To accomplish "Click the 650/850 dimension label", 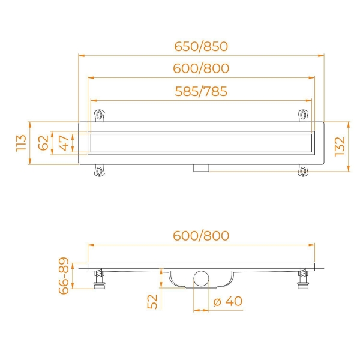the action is click(201, 46).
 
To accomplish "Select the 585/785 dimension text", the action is click(201, 91).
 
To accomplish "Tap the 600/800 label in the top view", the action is click(201, 68).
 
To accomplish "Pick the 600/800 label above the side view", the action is click(201, 236).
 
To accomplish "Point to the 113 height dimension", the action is click(22, 143).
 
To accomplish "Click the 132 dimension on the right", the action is click(340, 147).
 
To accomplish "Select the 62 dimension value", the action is click(43, 143).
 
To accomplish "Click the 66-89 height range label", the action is click(64, 276).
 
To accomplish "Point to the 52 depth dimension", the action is click(152, 302).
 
